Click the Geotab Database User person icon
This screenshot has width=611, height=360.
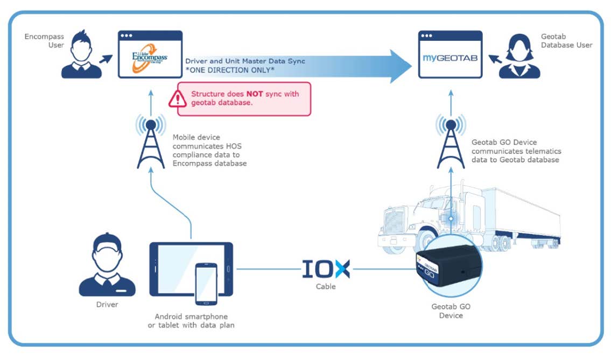point(519,54)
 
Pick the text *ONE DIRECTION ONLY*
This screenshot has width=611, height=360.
point(229,70)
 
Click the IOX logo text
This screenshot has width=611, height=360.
point(326,269)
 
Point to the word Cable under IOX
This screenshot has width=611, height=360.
point(326,286)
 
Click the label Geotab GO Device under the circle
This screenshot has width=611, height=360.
point(451,312)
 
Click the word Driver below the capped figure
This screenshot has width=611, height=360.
point(107,305)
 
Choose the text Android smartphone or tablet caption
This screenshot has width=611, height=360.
point(191,321)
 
